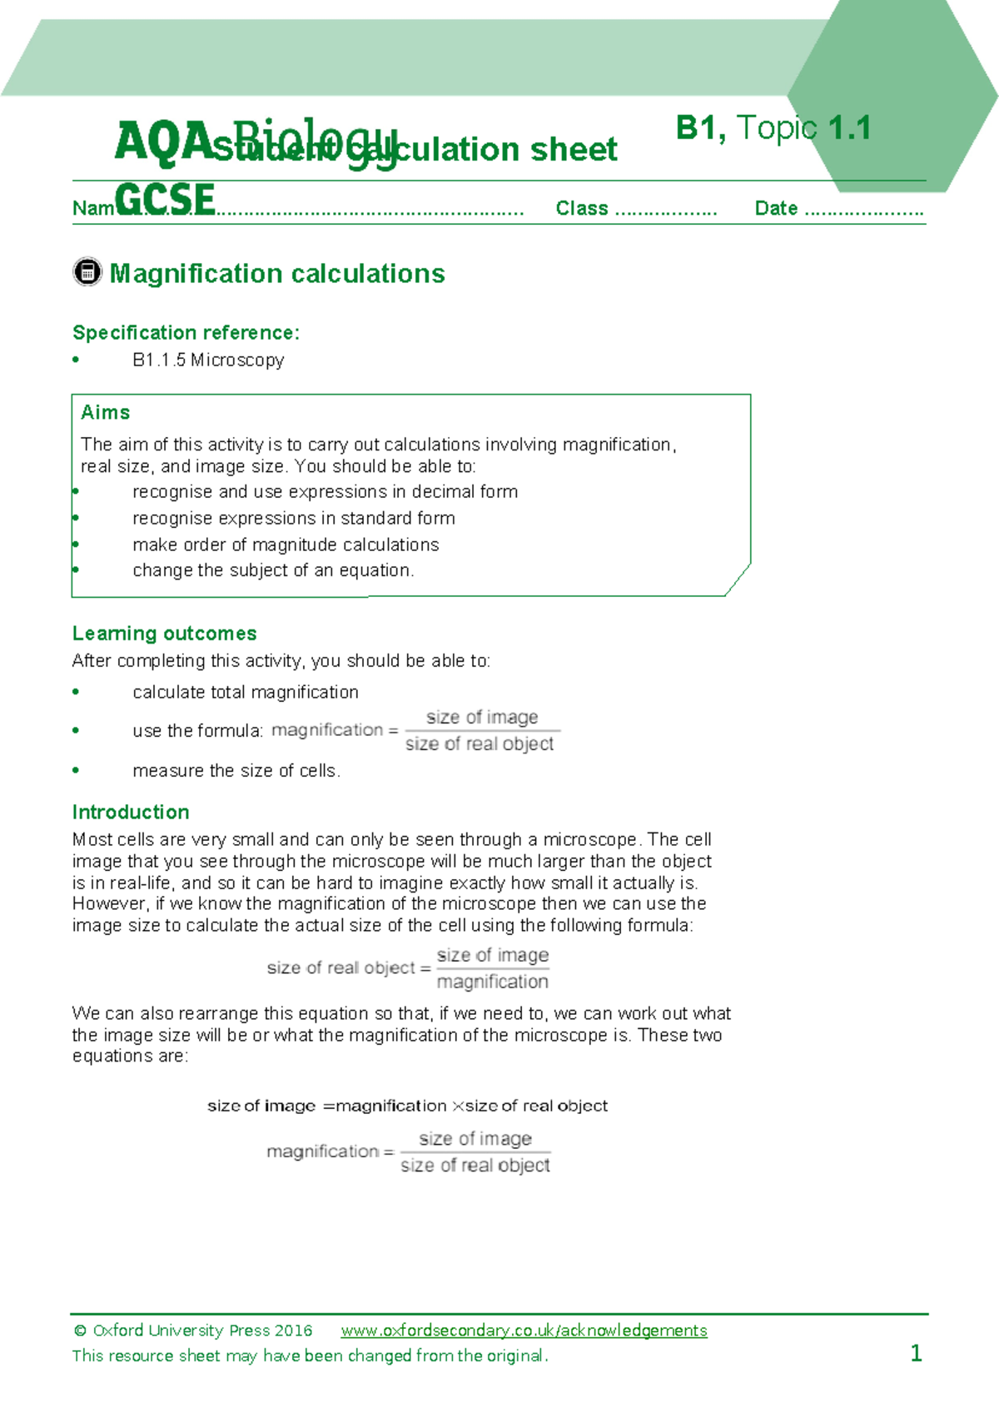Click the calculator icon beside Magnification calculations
click(x=87, y=272)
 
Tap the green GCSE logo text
click(x=165, y=201)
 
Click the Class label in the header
click(x=582, y=208)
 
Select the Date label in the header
click(x=776, y=208)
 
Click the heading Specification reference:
click(x=186, y=333)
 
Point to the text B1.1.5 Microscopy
click(x=208, y=360)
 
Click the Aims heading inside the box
click(x=106, y=413)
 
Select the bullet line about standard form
click(x=293, y=518)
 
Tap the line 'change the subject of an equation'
click(x=273, y=570)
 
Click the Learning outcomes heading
click(x=164, y=634)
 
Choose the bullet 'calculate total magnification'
click(x=245, y=692)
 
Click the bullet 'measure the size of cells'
click(x=236, y=771)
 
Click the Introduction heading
click(x=131, y=813)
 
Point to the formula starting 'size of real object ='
click(x=407, y=968)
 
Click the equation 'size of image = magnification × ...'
click(x=407, y=1106)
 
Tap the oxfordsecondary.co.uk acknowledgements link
click(x=524, y=1330)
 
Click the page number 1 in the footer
click(x=916, y=1353)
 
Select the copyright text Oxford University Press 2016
click(x=193, y=1330)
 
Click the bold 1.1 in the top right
click(x=849, y=128)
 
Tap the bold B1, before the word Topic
click(x=701, y=128)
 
